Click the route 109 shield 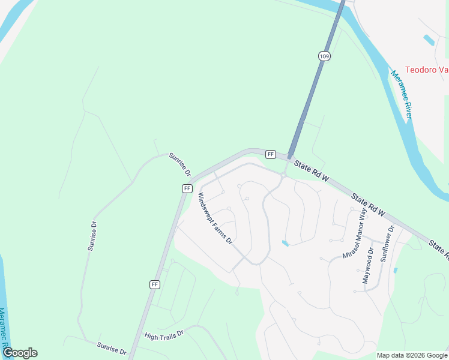tap(324, 56)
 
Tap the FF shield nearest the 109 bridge tap(271, 154)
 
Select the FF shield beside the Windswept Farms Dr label tap(187, 188)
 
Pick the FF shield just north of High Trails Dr tap(155, 284)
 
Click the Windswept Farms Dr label tap(214, 219)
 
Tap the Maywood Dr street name tap(367, 266)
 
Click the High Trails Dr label tap(163, 334)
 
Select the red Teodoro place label tap(427, 70)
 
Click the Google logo tap(20, 353)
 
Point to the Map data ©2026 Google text tap(412, 355)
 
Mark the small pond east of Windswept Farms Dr tap(285, 243)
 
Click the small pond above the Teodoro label tap(429, 40)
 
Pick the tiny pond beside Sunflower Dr tap(395, 271)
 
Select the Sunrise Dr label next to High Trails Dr tap(112, 348)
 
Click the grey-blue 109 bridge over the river tap(315, 84)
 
